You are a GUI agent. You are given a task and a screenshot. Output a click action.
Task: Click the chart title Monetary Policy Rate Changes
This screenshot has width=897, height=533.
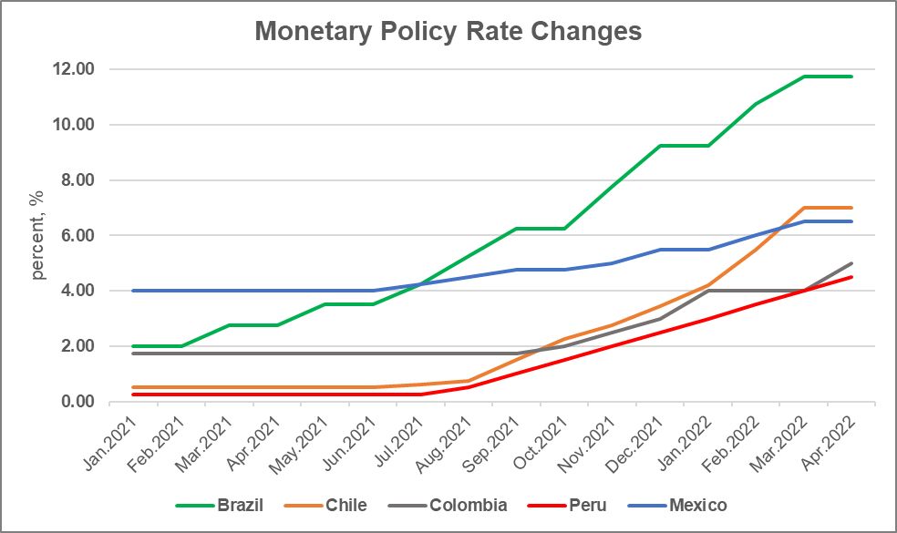pos(448,32)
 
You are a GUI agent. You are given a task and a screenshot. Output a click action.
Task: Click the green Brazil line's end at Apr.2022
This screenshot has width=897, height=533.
pos(852,77)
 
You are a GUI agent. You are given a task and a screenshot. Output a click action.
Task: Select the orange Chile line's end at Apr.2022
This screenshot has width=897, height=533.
pos(852,208)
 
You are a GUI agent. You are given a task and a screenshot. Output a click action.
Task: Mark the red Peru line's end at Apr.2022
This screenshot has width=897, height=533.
pos(852,277)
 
